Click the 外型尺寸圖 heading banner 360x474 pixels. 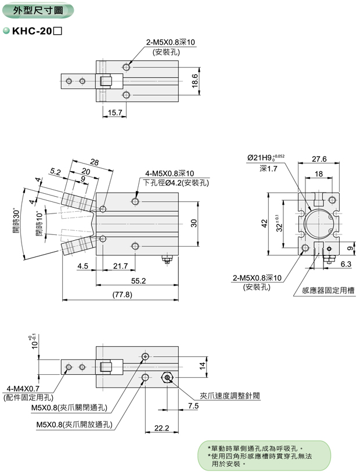coord(37,10)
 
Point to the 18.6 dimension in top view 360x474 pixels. coord(195,79)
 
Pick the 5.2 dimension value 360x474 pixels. coord(56,172)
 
